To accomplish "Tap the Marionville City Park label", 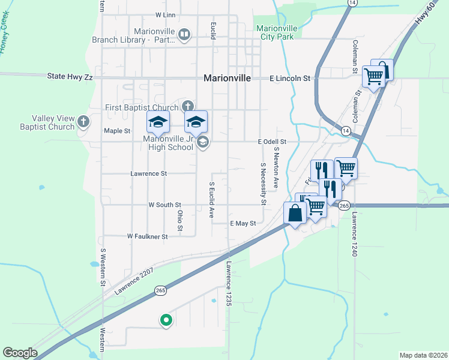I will click(277, 32).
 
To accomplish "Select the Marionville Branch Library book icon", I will click(184, 36).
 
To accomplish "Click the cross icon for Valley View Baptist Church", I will click(83, 122).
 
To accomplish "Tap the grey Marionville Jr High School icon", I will click(202, 142).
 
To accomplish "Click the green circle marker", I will click(166, 321).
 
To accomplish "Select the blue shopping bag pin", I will click(295, 214).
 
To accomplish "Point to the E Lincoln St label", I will click(289, 78).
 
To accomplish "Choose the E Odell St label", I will click(272, 142).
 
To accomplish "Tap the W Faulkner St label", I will click(147, 236).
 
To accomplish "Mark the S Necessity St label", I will click(263, 183).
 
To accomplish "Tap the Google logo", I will click(19, 353).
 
